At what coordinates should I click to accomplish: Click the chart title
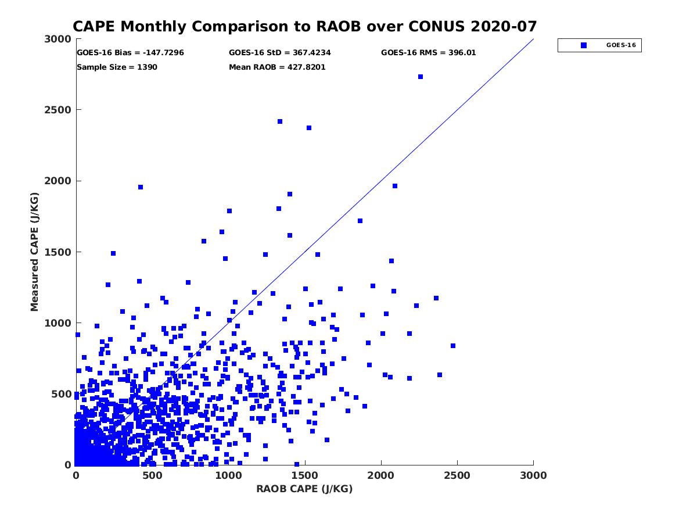pyautogui.click(x=304, y=27)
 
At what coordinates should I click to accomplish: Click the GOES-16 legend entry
pyautogui.click(x=599, y=45)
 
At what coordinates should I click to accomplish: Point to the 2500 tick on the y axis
pyautogui.click(x=63, y=110)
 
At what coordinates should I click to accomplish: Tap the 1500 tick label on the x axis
pyautogui.click(x=228, y=475)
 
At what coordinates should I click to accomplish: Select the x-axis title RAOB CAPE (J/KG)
pyautogui.click(x=304, y=489)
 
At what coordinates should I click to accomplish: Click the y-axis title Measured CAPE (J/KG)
pyautogui.click(x=35, y=252)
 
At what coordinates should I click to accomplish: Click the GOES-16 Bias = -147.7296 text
pyautogui.click(x=130, y=52)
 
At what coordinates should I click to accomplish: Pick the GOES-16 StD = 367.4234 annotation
pyautogui.click(x=280, y=52)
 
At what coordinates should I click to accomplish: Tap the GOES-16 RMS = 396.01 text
pyautogui.click(x=428, y=52)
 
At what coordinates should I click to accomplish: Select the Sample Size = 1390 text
pyautogui.click(x=117, y=67)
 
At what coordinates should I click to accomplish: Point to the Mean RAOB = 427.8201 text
pyautogui.click(x=277, y=67)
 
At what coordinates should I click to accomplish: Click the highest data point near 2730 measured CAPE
pyautogui.click(x=421, y=77)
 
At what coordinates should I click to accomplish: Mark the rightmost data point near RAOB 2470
pyautogui.click(x=453, y=346)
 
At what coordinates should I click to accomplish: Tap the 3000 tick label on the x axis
pyautogui.click(x=533, y=475)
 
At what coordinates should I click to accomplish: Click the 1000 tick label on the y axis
pyautogui.click(x=60, y=323)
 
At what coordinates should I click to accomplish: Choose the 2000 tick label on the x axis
pyautogui.click(x=381, y=475)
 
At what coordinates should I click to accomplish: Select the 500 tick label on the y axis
pyautogui.click(x=63, y=394)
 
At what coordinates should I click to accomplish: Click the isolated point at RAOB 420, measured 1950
pyautogui.click(x=141, y=187)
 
